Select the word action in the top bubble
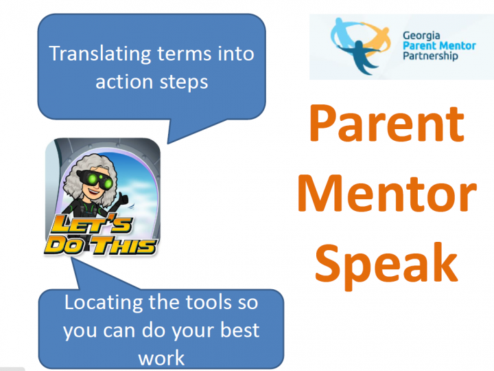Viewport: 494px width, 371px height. pos(124,82)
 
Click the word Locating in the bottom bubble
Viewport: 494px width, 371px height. pos(104,303)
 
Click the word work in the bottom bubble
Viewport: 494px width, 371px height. pos(161,358)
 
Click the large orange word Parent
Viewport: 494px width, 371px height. pos(387,123)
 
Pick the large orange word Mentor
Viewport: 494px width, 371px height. pos(387,193)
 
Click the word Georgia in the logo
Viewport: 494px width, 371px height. pos(421,36)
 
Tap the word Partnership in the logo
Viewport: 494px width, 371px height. pos(430,56)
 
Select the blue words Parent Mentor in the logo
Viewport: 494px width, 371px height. pos(439,46)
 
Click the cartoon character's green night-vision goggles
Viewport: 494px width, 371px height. pos(96,179)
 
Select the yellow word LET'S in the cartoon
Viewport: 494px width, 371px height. pos(91,224)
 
